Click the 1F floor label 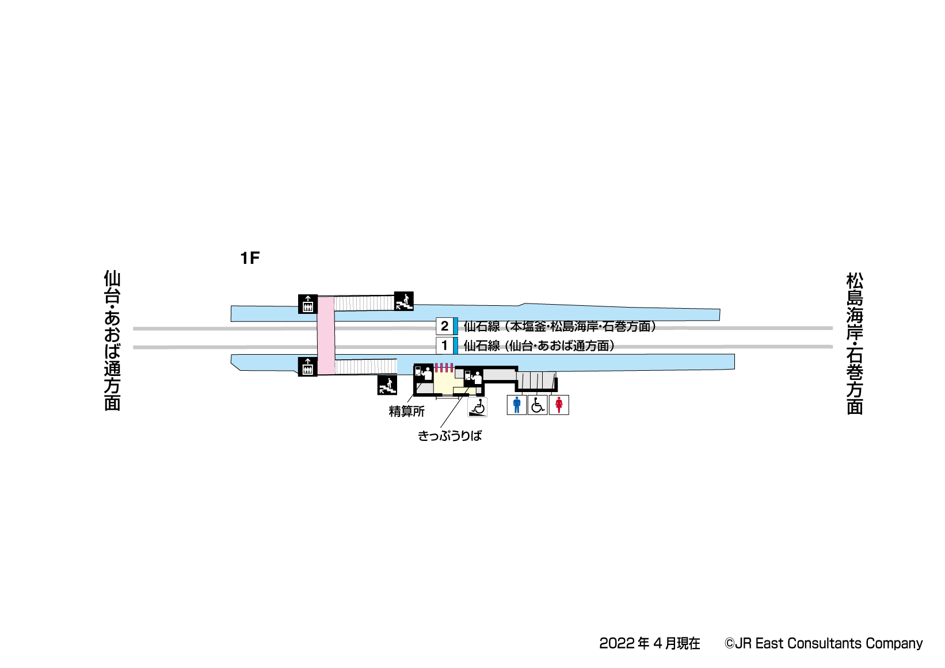[250, 258]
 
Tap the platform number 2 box [444, 326]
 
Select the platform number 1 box [444, 345]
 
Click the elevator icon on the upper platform [308, 304]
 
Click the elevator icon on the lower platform [308, 366]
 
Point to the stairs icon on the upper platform [403, 301]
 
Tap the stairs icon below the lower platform [387, 385]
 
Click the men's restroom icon [516, 405]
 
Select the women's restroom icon [558, 405]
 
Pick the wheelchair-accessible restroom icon [538, 405]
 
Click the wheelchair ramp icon [477, 407]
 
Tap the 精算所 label [406, 412]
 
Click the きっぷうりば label [449, 436]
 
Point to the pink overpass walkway [326, 335]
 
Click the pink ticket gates [444, 367]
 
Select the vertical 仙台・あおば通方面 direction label [112, 340]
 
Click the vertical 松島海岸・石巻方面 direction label [855, 343]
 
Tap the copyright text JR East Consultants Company [824, 643]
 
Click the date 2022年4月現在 [649, 643]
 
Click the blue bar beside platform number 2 [456, 326]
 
